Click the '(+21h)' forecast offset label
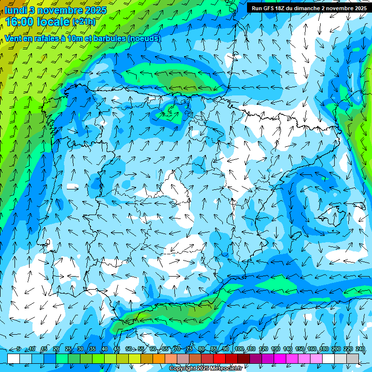click(x=84, y=22)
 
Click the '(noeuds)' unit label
click(x=144, y=38)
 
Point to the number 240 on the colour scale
click(x=360, y=349)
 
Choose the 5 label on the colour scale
click(x=18, y=349)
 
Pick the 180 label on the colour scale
click(x=324, y=349)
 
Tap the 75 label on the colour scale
click(x=189, y=349)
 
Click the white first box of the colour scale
click(x=14, y=358)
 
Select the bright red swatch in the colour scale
click(x=219, y=358)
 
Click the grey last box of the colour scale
click(x=353, y=358)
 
